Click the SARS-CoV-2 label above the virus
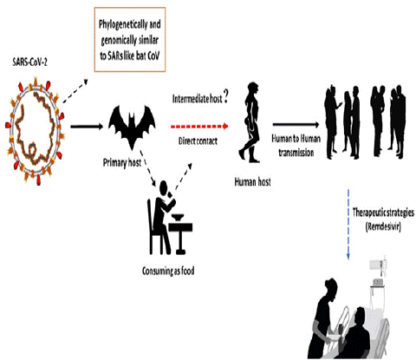coord(29,62)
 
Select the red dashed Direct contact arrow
coord(199,127)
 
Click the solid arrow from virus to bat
coord(87,127)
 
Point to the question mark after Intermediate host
coord(225,97)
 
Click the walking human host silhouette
coord(250,122)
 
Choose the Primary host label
coord(122,163)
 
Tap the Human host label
coord(252,182)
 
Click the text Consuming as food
coord(168,271)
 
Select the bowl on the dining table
coord(179,217)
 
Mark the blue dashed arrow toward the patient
coord(348,224)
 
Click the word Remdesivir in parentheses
coord(383,226)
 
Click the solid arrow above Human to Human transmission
coord(296,125)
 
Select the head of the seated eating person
coord(163,187)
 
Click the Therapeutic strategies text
coord(383,213)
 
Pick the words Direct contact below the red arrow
coord(198,141)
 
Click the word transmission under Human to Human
coord(296,152)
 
